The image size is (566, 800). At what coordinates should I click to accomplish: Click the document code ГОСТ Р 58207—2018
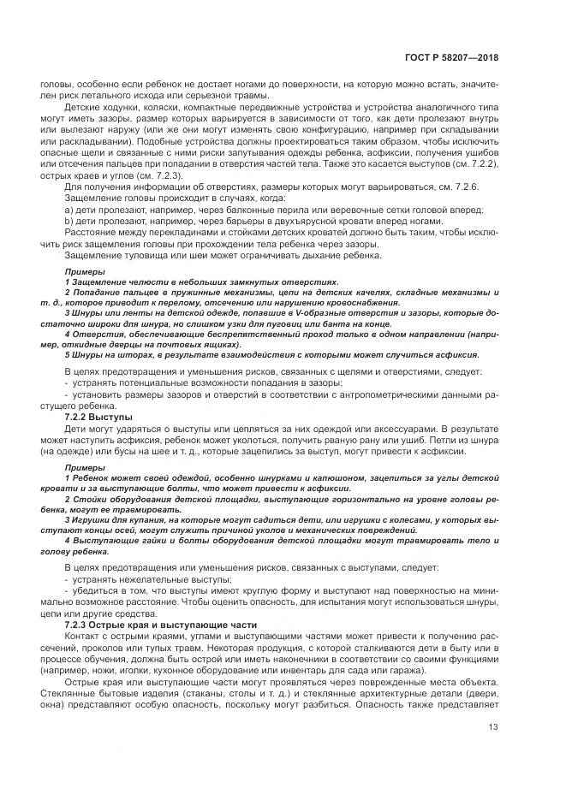point(452,58)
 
